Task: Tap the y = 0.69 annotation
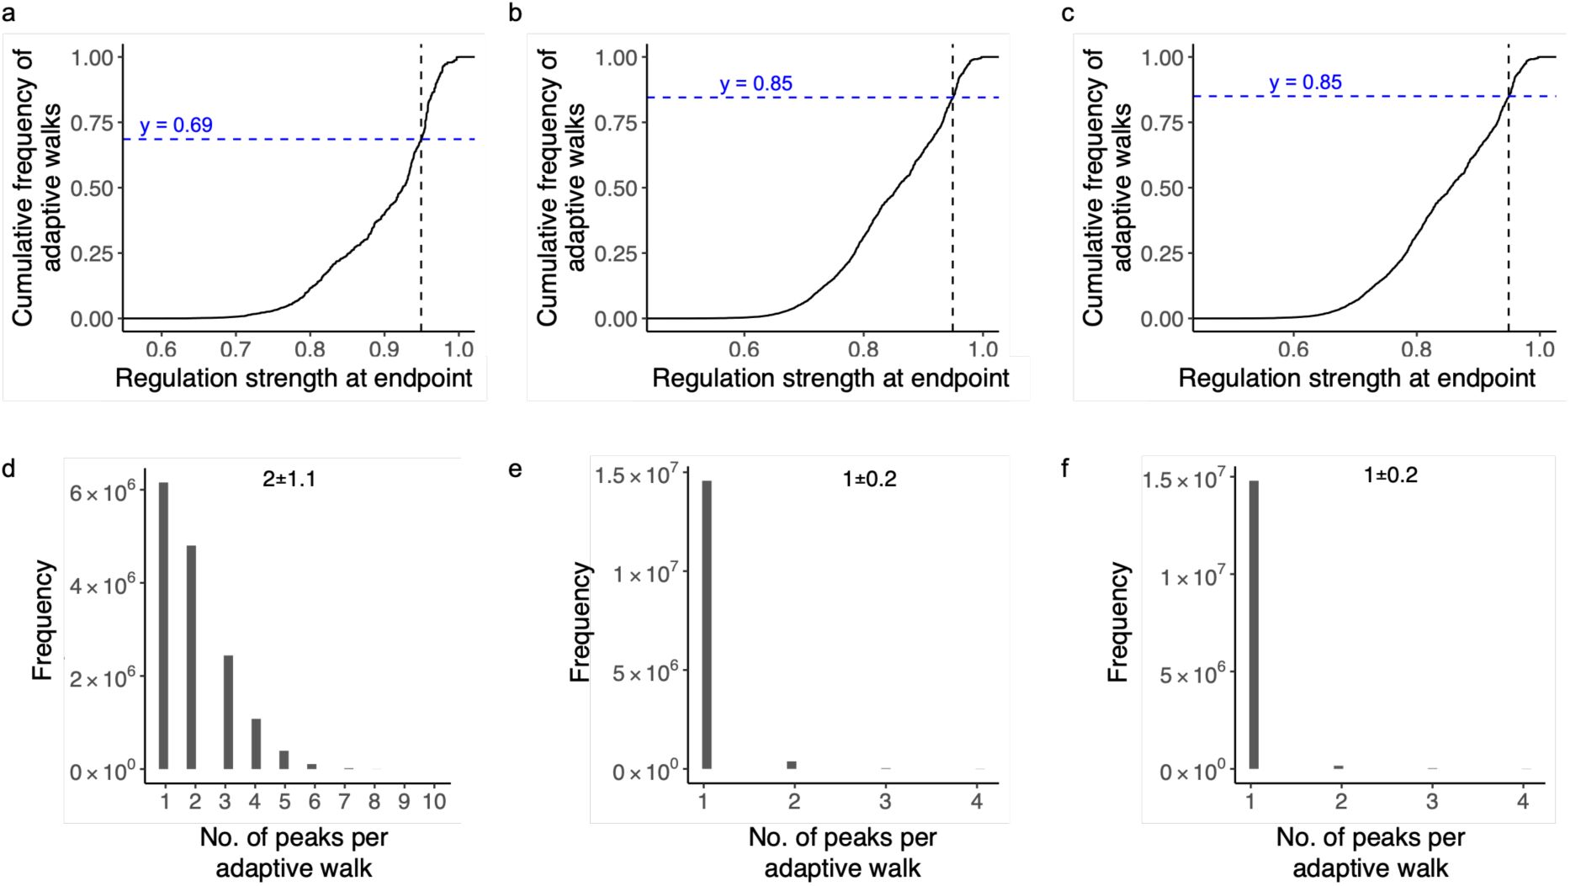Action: [176, 125]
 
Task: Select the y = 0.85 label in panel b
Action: [756, 84]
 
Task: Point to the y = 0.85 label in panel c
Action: [1305, 82]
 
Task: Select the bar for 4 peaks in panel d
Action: [256, 743]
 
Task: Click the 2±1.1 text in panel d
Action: [289, 480]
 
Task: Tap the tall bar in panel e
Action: [707, 624]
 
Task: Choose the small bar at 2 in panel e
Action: [791, 765]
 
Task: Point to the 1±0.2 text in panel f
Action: [1390, 475]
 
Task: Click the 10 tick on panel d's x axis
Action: [433, 801]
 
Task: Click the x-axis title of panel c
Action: [1356, 379]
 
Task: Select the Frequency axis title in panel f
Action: [1117, 622]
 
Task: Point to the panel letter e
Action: [516, 469]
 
